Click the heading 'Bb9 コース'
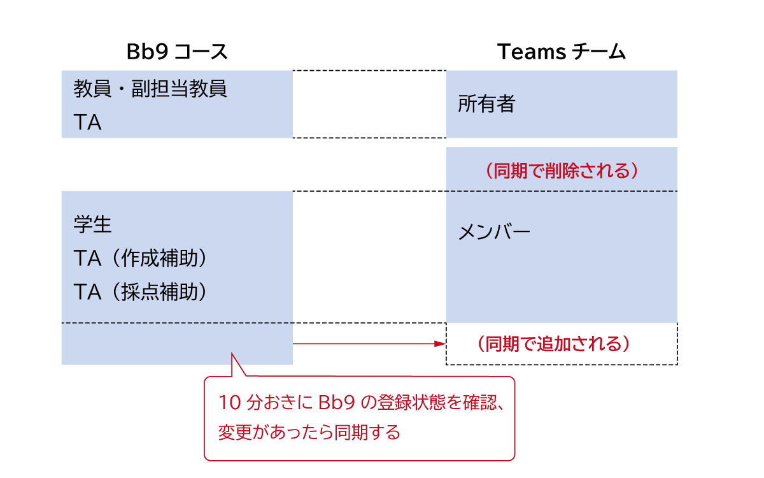pyautogui.click(x=177, y=52)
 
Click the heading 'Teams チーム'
pyautogui.click(x=561, y=52)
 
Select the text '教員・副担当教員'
pyautogui.click(x=150, y=89)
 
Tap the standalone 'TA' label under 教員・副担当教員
pyautogui.click(x=88, y=122)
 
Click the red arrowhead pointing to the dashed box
pyautogui.click(x=439, y=344)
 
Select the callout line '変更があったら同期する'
pyautogui.click(x=309, y=433)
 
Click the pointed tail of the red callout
pyautogui.click(x=233, y=357)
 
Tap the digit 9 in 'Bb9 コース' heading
pyautogui.click(x=162, y=52)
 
